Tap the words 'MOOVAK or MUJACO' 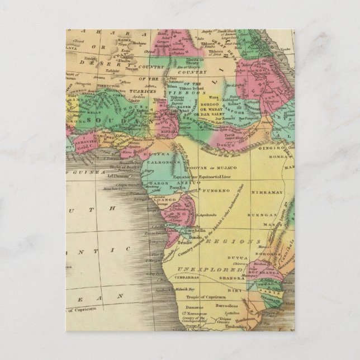pyautogui.click(x=207, y=167)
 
